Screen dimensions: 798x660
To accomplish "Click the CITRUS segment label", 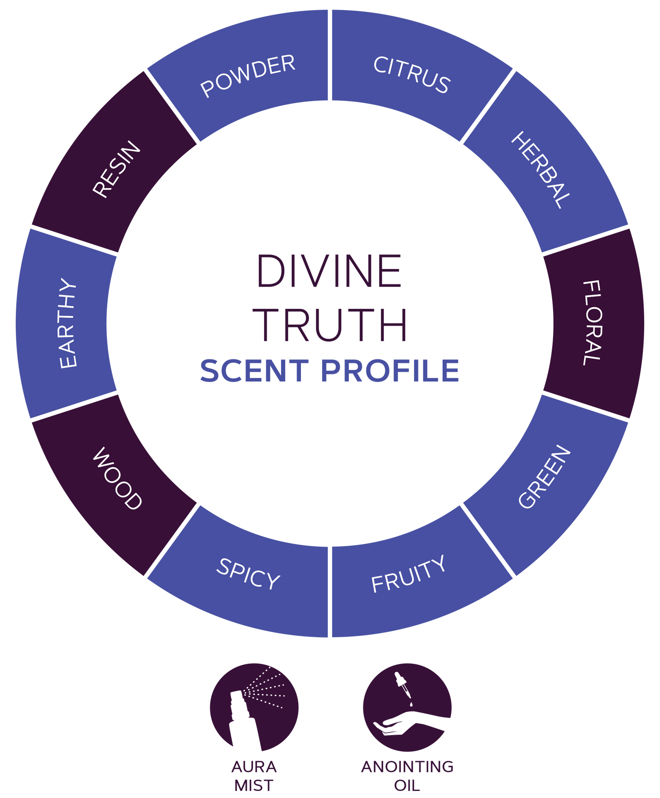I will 411,75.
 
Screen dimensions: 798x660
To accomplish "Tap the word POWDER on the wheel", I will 248,76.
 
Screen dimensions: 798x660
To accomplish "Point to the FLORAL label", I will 592,323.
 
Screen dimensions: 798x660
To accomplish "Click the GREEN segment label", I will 545,477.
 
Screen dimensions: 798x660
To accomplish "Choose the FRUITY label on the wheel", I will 408,574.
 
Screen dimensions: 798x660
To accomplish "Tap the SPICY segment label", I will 248,574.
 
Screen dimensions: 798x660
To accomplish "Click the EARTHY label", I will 68,323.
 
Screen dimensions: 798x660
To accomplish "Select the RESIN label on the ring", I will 117,169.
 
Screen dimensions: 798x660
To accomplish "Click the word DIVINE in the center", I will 329,272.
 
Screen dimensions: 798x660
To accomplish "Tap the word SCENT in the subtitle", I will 254,370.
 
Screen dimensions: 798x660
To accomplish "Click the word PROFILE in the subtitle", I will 390,370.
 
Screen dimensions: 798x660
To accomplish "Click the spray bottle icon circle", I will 254,707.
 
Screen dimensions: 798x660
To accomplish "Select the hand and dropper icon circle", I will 407,707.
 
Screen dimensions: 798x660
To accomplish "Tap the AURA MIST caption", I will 254,776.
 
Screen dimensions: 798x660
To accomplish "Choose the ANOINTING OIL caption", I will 407,776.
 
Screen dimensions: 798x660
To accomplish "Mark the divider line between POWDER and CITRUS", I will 330,55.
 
